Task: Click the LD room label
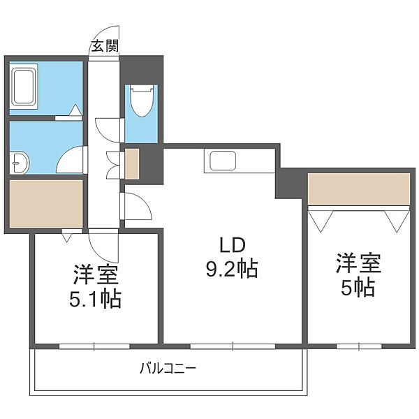(233, 246)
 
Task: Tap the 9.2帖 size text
(233, 269)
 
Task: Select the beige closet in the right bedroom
(358, 189)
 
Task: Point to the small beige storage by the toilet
(131, 162)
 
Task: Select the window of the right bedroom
(358, 346)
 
